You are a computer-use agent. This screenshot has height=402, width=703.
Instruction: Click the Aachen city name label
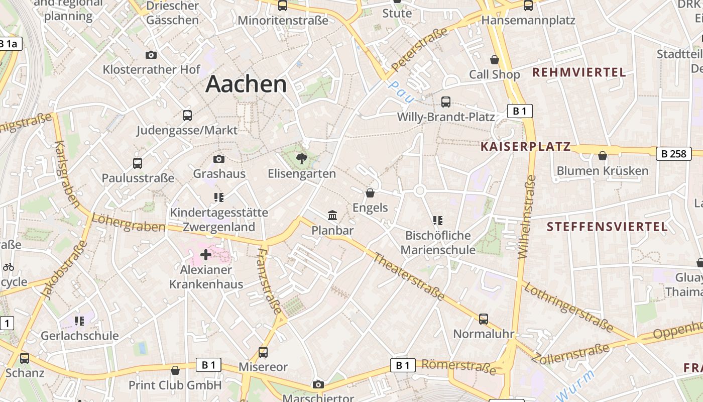coord(246,83)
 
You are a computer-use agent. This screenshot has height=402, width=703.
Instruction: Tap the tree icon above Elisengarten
coord(302,159)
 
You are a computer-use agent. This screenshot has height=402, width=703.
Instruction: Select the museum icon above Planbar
coord(332,216)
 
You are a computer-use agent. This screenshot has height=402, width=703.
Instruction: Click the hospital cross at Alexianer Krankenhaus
coord(206,255)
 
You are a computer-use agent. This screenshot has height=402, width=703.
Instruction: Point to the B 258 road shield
coord(673,153)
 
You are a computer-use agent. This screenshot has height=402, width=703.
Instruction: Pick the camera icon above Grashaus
coord(219,159)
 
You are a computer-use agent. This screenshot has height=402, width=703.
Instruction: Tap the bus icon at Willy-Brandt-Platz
coord(445,102)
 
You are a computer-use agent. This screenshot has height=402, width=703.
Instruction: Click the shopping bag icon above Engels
coord(370,193)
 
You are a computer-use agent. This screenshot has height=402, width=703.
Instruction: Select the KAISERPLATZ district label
coord(526,146)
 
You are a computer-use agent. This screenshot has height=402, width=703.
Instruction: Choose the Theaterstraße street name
coord(409,277)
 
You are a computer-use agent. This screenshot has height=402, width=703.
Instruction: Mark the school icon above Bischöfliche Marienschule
coord(437,220)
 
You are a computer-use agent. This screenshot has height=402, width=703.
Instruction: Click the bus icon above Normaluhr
coord(484,319)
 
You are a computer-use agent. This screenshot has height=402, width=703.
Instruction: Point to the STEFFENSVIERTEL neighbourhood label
coord(607,227)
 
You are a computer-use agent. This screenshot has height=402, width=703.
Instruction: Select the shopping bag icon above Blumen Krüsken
coord(603,156)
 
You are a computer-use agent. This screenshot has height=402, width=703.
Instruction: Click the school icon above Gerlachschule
coord(79,321)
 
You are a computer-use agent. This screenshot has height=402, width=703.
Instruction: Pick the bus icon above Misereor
coord(263,352)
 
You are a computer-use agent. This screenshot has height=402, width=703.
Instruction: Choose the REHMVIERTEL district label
coord(579,72)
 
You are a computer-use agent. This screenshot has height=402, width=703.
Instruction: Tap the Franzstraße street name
coord(269,279)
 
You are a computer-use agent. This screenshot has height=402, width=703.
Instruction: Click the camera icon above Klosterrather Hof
coord(151,55)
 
